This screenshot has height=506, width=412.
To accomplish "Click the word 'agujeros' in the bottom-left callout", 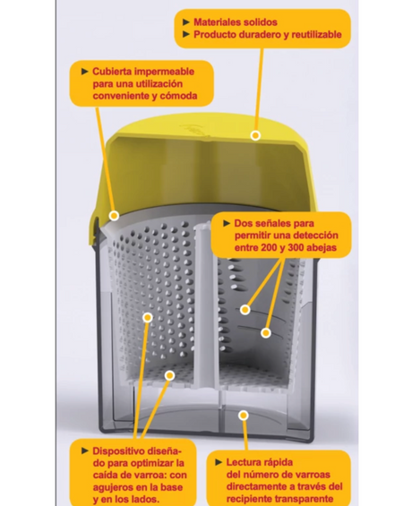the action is click(x=112, y=487).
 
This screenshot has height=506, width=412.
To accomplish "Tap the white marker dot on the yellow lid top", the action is click(x=255, y=135).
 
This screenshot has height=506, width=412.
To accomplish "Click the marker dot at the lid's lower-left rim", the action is click(x=114, y=216).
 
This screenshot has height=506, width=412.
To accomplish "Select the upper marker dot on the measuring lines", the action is click(x=245, y=310).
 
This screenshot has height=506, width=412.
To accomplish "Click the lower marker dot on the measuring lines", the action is click(x=266, y=333).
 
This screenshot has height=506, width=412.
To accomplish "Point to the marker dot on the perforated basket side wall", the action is click(x=148, y=318).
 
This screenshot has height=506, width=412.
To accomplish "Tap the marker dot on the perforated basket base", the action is click(x=169, y=375).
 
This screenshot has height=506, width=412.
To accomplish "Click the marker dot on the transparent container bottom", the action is click(x=244, y=416).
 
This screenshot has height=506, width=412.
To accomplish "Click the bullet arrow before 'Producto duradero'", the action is click(x=186, y=35).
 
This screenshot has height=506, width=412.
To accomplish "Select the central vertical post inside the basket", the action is click(x=207, y=306).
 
